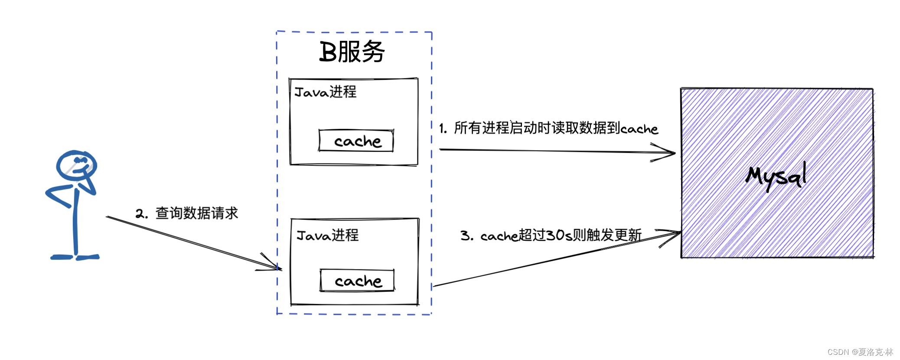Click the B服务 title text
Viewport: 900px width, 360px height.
pyautogui.click(x=352, y=52)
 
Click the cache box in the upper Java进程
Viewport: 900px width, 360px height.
pyautogui.click(x=356, y=141)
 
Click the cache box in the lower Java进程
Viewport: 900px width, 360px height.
pyautogui.click(x=357, y=281)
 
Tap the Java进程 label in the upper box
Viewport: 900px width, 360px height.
pyautogui.click(x=325, y=92)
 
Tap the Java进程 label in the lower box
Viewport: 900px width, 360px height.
pyautogui.click(x=327, y=236)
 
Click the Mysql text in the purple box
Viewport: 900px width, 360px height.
pyautogui.click(x=776, y=176)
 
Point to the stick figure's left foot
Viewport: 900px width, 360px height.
pyautogui.click(x=62, y=257)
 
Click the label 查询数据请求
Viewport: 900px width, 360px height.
pyautogui.click(x=197, y=213)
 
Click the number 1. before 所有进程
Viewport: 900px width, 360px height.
pyautogui.click(x=443, y=128)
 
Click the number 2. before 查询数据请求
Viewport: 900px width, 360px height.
pyautogui.click(x=141, y=214)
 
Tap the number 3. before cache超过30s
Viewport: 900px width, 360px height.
pyautogui.click(x=466, y=236)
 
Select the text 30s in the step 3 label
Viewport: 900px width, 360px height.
pyautogui.click(x=559, y=236)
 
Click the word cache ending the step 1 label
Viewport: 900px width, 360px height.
pyautogui.click(x=639, y=129)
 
